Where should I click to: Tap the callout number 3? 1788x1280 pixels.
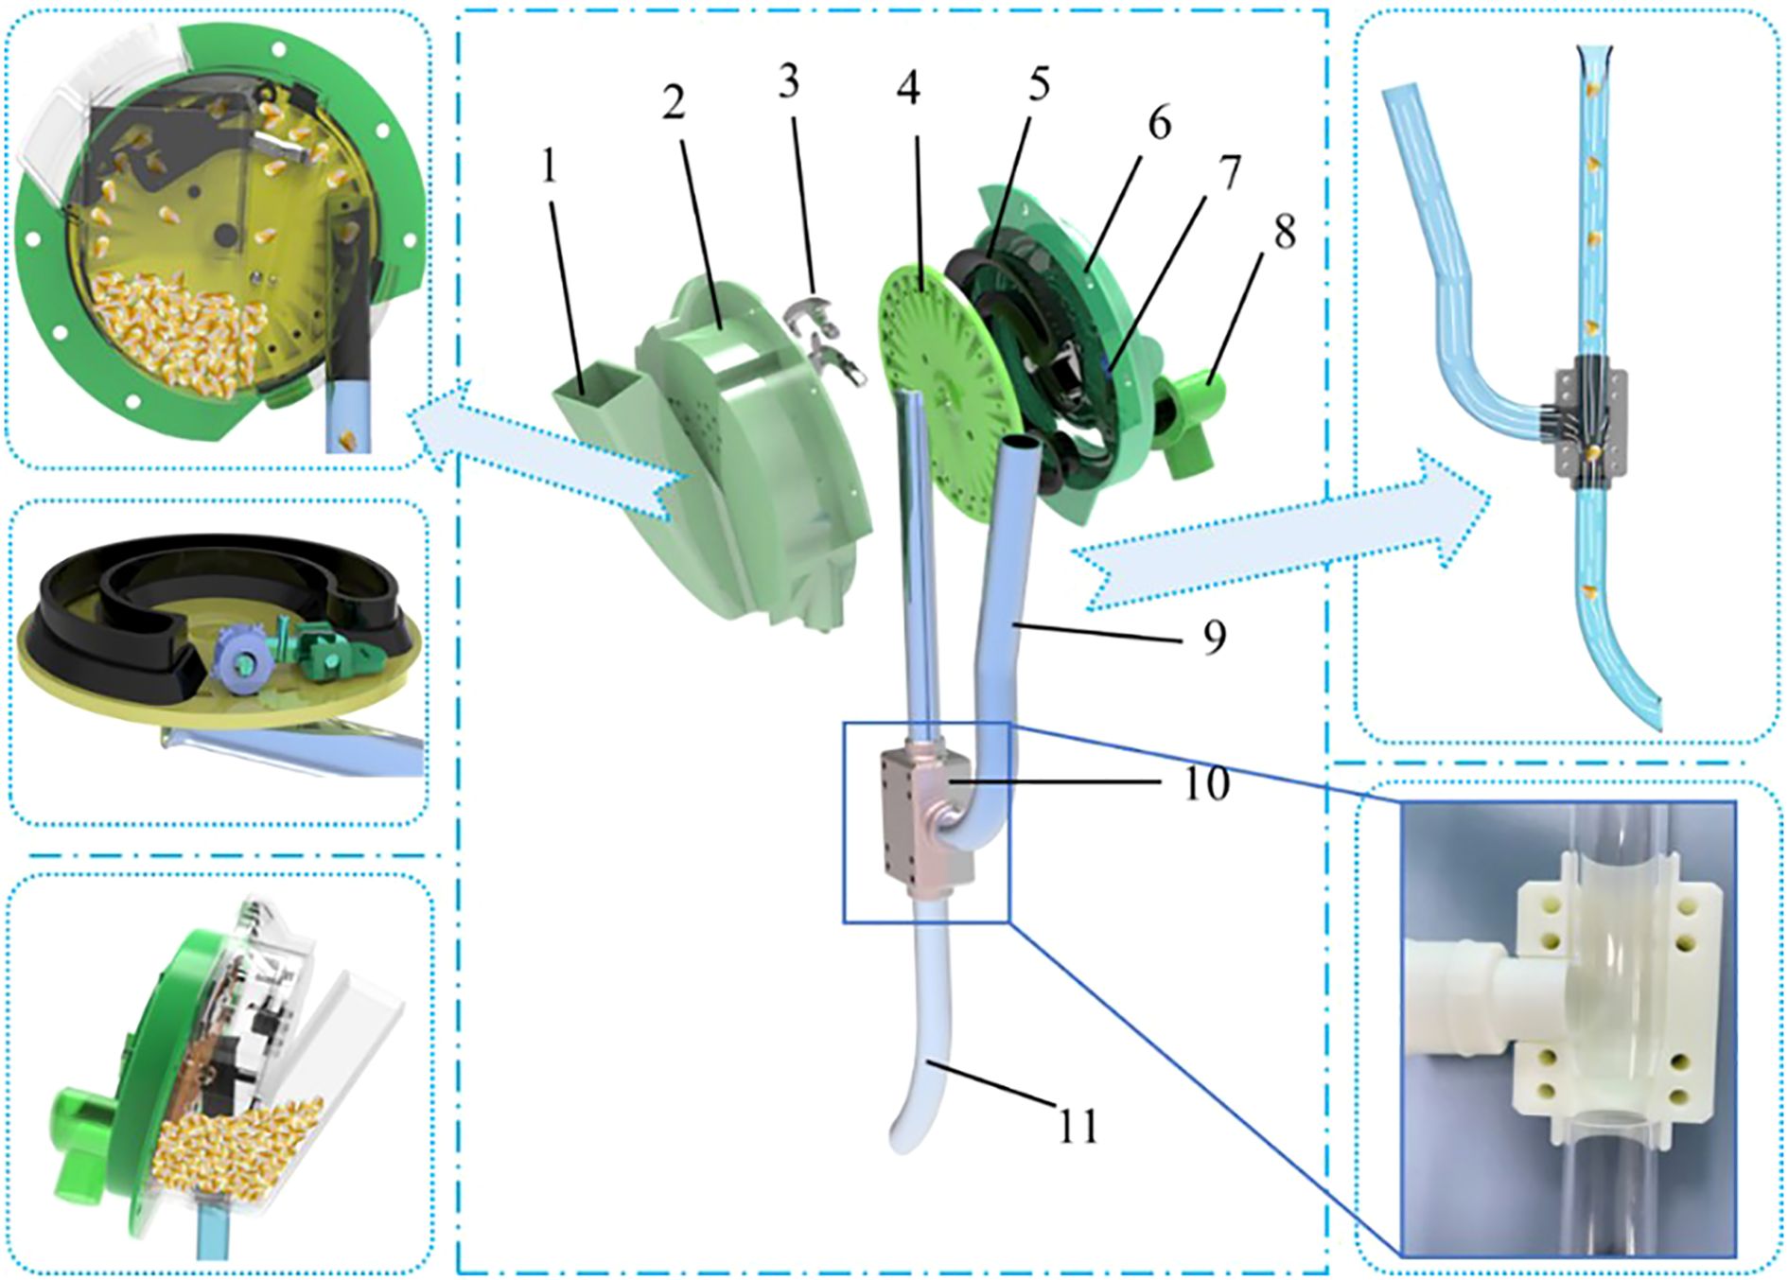tap(788, 83)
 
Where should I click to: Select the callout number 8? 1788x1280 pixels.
tap(1284, 232)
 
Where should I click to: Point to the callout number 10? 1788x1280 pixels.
tap(1206, 783)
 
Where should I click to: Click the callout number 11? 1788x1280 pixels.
tap(1078, 1126)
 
